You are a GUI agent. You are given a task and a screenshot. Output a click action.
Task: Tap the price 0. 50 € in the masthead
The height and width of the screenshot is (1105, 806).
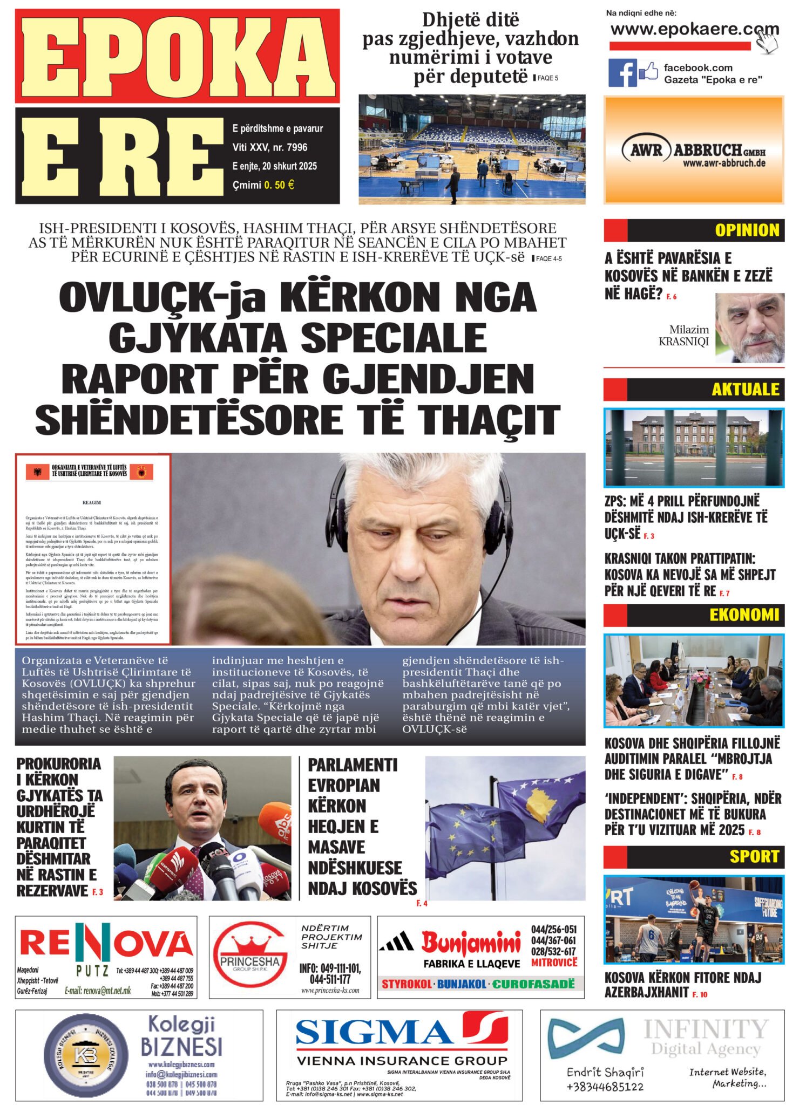click(279, 185)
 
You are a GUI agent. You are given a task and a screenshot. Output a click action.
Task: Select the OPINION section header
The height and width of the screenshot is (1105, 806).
click(747, 230)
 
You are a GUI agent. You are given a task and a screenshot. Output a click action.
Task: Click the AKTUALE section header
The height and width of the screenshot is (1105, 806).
click(745, 389)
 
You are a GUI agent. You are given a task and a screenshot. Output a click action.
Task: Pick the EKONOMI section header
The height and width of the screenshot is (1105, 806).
click(744, 615)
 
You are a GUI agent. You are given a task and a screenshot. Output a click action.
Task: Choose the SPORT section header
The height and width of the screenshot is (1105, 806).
click(754, 856)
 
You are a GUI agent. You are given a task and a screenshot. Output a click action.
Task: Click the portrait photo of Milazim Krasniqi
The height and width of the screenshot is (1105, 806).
click(749, 328)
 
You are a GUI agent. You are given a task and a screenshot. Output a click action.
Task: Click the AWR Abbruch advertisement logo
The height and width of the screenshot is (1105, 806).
click(693, 151)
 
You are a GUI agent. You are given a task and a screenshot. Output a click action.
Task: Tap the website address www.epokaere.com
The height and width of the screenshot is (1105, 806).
click(694, 29)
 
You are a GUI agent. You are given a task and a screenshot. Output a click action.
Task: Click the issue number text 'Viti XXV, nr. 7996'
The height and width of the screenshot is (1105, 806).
click(270, 147)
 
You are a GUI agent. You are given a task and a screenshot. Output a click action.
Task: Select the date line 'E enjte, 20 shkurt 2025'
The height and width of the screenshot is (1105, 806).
click(275, 166)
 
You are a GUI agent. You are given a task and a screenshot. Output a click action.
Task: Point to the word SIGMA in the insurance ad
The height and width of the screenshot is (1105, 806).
click(374, 1031)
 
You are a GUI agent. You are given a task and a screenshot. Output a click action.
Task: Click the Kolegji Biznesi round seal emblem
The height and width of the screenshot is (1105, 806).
click(86, 1055)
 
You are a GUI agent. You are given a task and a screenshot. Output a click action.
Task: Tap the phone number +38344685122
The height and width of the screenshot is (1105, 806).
click(605, 1086)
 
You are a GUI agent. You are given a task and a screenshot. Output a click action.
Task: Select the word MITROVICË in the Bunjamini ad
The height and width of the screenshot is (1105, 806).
click(554, 962)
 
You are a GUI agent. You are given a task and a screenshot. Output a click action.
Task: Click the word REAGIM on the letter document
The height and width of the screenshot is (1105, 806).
click(91, 502)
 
